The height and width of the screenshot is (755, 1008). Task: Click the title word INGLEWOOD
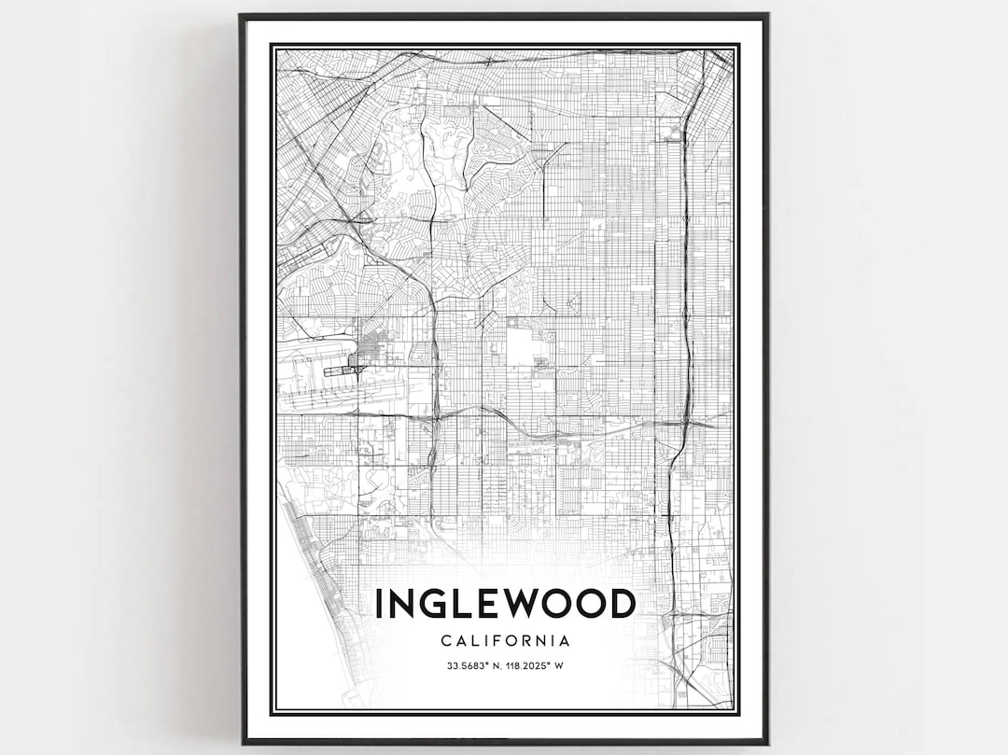[505, 604]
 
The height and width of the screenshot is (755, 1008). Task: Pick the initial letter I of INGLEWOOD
[379, 604]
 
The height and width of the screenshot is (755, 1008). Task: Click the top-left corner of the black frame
[241, 16]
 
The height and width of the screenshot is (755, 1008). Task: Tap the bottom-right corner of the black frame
[766, 742]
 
